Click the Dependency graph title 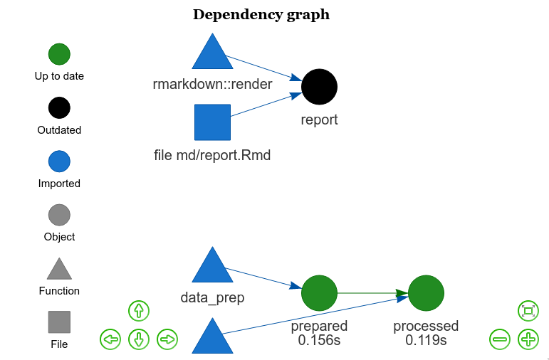[261, 15]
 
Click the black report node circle [319, 87]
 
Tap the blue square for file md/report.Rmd [212, 122]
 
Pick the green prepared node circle [319, 292]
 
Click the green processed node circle [426, 292]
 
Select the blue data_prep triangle [212, 268]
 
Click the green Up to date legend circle [59, 54]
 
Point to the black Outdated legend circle [59, 108]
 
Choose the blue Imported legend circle [59, 162]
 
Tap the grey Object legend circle [59, 215]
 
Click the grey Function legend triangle [59, 270]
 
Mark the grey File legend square [59, 322]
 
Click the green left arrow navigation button [110, 339]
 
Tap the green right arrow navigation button [167, 339]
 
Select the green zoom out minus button [500, 339]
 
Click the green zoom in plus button [528, 339]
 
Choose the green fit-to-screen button [528, 311]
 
